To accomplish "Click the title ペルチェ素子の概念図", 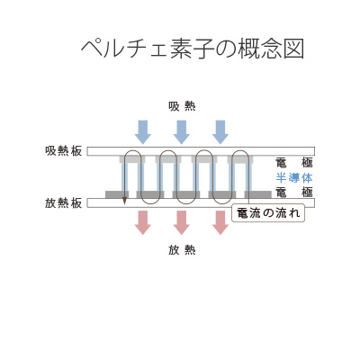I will point(193,49).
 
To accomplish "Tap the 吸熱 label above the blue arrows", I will point(181,106).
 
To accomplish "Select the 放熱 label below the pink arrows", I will point(181,249).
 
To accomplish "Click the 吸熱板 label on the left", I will point(63,151).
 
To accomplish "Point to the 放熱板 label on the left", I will point(63,202).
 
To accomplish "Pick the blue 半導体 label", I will point(293,177).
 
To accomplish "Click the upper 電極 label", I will point(293,163).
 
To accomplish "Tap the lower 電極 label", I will point(293,192).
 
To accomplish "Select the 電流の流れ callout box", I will point(268,213).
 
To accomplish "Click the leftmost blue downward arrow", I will point(142,131).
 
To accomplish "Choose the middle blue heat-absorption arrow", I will point(181,131).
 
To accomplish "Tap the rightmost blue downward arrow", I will point(220,131).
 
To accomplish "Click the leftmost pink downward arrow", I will point(142,222).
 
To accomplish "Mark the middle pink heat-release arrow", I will point(181,222).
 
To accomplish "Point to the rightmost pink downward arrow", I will point(220,222).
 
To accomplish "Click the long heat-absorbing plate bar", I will point(200,151).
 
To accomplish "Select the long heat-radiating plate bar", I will point(200,202).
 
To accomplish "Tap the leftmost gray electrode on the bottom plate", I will point(116,194).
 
